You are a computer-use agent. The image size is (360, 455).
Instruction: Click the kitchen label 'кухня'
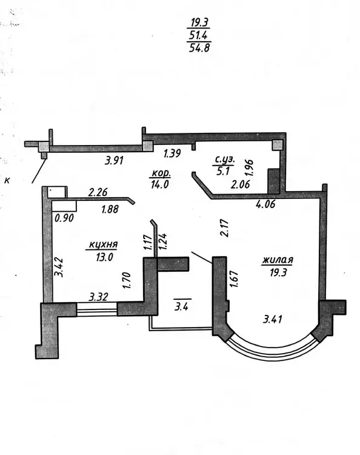coord(103,245)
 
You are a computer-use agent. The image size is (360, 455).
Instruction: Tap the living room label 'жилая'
coord(278,260)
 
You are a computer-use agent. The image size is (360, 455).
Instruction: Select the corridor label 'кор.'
coord(160,174)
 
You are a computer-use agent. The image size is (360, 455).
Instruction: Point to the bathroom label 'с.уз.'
coord(224,160)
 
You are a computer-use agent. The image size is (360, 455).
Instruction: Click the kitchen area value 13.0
coord(104,257)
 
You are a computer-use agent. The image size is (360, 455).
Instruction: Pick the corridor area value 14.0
coord(160,184)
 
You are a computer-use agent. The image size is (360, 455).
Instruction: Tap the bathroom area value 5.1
coord(223,171)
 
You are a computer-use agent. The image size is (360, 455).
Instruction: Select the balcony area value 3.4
coord(181,306)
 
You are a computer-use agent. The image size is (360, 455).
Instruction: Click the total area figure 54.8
coord(199,47)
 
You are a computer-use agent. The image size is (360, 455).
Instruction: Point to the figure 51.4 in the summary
coord(199,35)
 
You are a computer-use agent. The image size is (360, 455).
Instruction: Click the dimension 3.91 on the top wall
coord(114,160)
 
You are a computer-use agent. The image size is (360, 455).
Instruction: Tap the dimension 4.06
coord(265,204)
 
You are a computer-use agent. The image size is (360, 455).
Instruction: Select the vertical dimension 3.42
coord(59,268)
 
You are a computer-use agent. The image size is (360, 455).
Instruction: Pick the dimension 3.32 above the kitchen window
coord(99,297)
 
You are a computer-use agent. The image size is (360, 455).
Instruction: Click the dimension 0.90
coord(64,218)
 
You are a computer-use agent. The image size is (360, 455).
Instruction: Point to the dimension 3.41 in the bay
coord(273,320)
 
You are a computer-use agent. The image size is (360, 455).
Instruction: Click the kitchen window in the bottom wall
coord(97,309)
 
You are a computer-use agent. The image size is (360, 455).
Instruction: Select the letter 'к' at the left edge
coord(7,181)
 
